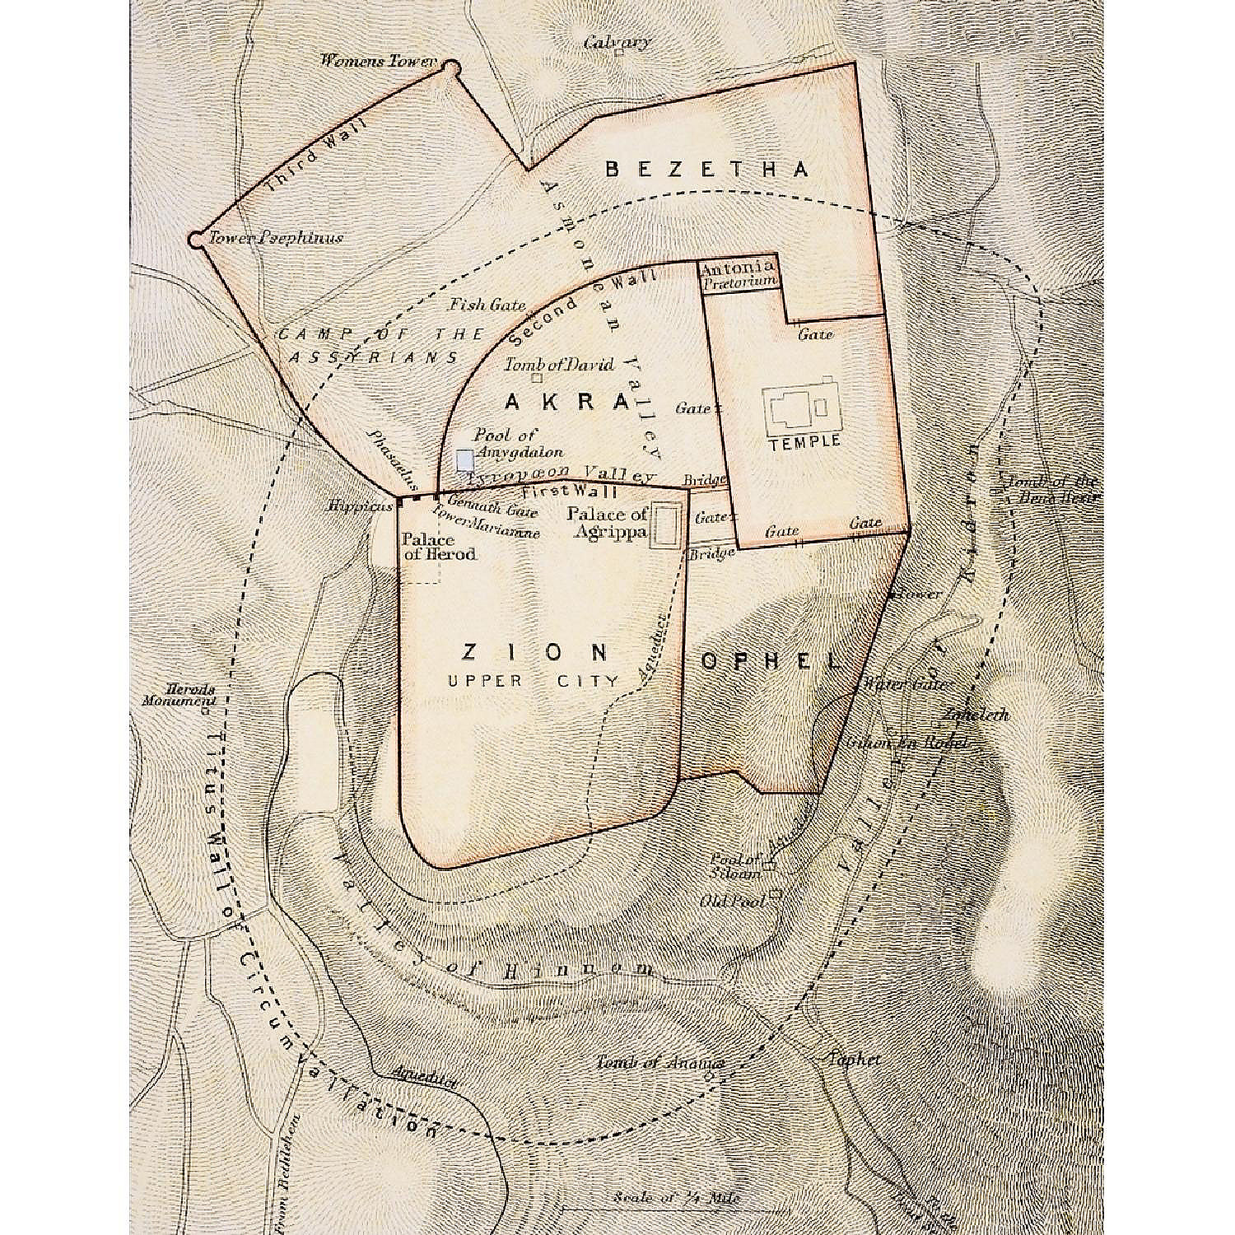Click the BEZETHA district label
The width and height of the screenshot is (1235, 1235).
(706, 170)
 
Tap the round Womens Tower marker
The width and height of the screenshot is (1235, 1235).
(450, 67)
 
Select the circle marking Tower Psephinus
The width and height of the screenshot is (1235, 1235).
(195, 240)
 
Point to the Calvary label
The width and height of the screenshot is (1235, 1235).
(617, 42)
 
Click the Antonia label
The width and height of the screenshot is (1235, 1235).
(738, 266)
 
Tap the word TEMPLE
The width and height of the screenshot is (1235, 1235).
(804, 440)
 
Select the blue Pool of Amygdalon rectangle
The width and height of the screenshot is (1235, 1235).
(464, 459)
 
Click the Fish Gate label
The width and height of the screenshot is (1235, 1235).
(487, 305)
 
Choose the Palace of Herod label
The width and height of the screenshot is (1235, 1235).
(438, 547)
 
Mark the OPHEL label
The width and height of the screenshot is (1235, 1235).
(771, 660)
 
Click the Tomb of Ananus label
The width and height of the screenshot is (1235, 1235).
(660, 1063)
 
